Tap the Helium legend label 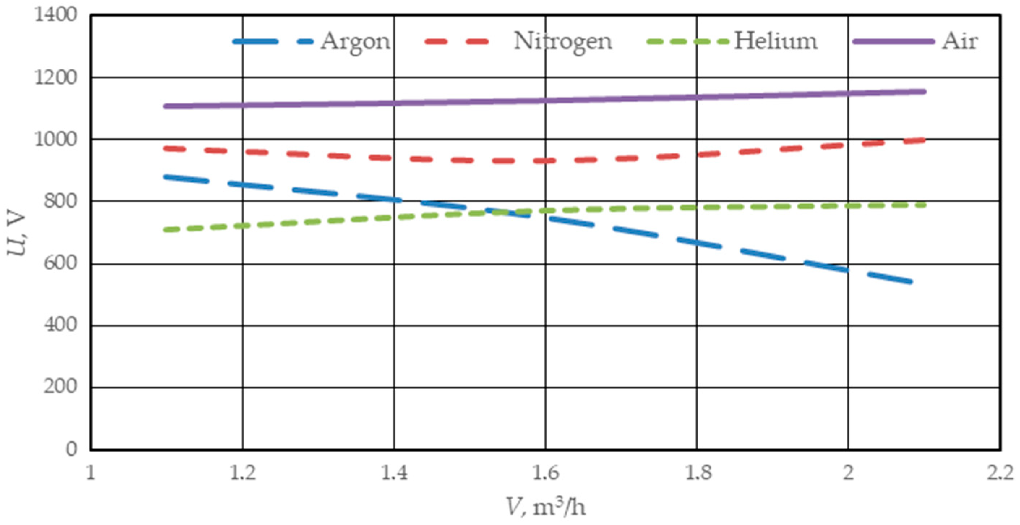[x=776, y=41]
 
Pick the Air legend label [x=959, y=41]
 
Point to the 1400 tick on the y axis [x=55, y=15]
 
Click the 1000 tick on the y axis [x=55, y=140]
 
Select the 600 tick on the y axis [x=60, y=263]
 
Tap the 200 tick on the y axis [x=60, y=387]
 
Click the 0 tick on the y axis [x=71, y=449]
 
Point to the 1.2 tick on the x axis [x=242, y=473]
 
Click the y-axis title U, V [x=17, y=235]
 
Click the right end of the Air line [x=924, y=92]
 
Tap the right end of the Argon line [x=911, y=282]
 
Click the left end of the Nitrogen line [x=166, y=149]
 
